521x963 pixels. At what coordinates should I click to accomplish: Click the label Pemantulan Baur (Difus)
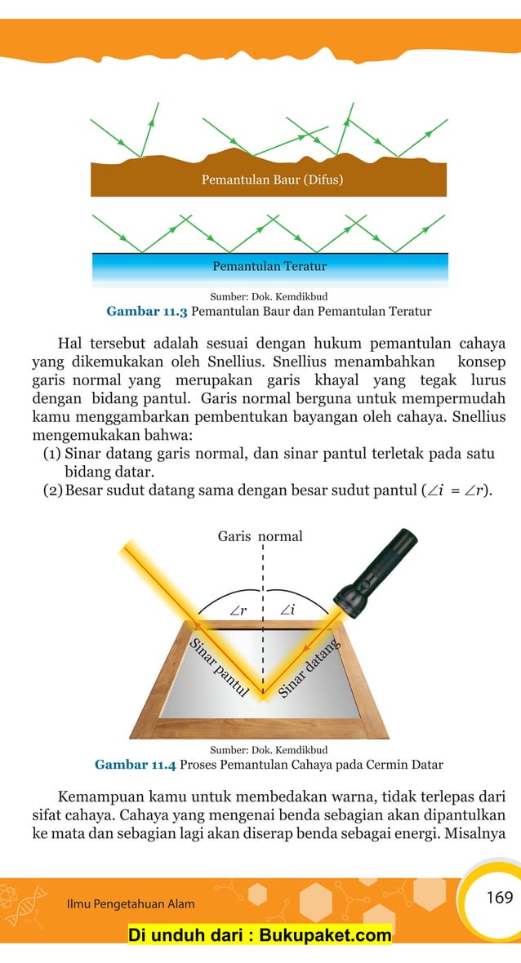[x=272, y=180]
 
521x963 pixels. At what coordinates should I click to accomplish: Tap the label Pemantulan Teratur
[x=269, y=266]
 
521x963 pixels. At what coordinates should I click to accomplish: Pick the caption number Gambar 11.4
[x=135, y=765]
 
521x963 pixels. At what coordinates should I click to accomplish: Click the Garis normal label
[x=260, y=536]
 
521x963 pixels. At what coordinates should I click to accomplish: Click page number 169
[x=499, y=898]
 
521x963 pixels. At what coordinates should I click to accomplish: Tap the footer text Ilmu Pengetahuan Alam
[x=130, y=904]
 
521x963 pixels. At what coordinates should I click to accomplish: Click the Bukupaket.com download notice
[x=260, y=935]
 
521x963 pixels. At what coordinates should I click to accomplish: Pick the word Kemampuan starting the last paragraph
[x=100, y=796]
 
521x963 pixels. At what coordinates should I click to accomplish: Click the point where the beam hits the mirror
[x=263, y=696]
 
